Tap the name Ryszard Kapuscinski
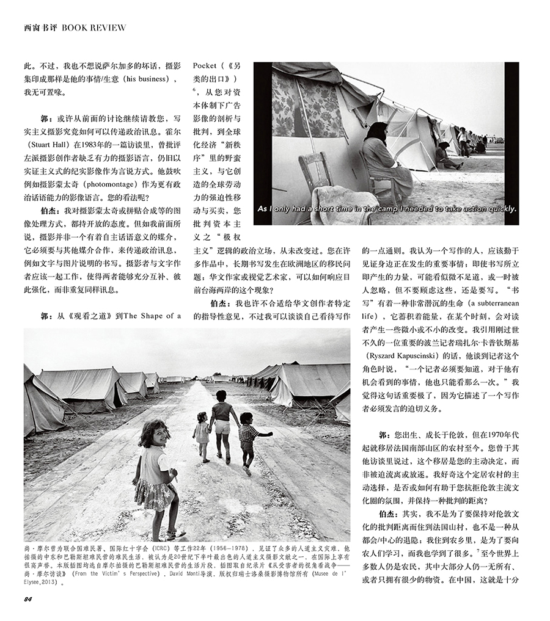[416, 355]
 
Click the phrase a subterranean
[483, 302]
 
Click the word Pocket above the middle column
[206, 65]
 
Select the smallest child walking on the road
[201, 434]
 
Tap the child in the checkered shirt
[248, 437]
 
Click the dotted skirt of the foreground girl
[153, 495]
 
